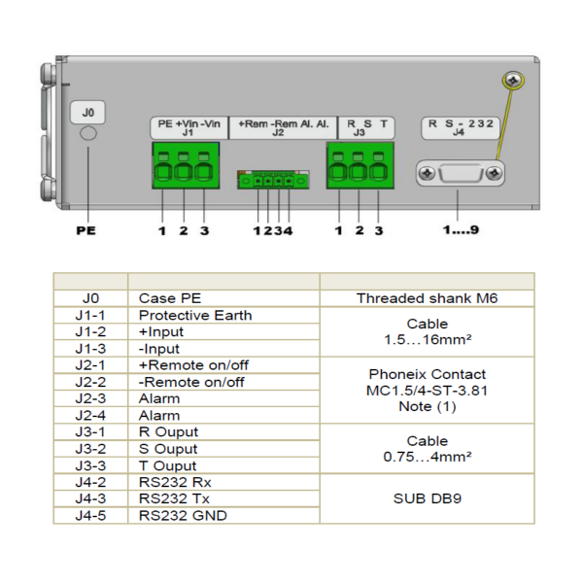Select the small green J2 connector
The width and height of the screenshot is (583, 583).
point(275,180)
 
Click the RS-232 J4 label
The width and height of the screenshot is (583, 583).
point(459,127)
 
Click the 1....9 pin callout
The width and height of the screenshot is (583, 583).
point(459,231)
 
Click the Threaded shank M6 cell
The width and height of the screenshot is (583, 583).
point(427,298)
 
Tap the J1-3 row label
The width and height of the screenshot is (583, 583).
point(90,349)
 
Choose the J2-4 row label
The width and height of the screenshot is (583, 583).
point(90,415)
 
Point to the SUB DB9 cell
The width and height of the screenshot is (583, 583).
point(427,498)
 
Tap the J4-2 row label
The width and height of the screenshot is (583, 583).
point(90,482)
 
